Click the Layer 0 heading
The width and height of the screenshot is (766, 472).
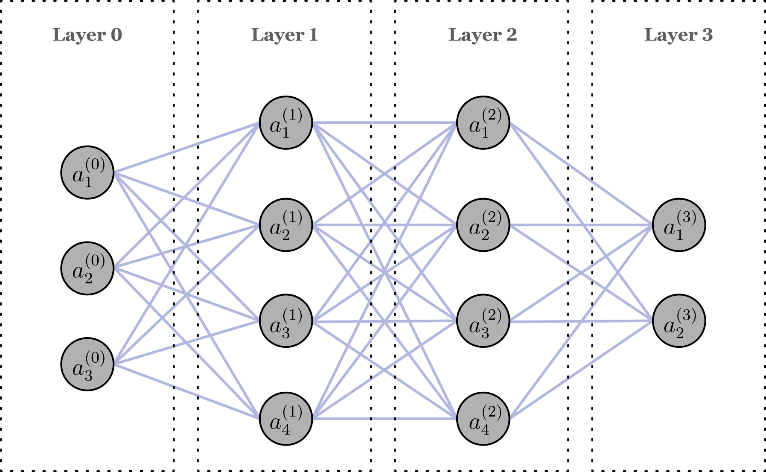pyautogui.click(x=87, y=35)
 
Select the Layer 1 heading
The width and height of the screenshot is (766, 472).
pyautogui.click(x=284, y=35)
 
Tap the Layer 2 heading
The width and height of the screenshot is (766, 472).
pyautogui.click(x=482, y=35)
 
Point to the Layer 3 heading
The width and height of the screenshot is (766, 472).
pyautogui.click(x=678, y=35)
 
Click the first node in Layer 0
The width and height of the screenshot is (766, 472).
pyautogui.click(x=87, y=173)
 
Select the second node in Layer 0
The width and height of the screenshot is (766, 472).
pyautogui.click(x=87, y=268)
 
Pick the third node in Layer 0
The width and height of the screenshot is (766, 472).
pyautogui.click(x=87, y=364)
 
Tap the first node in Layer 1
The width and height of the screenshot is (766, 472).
pyautogui.click(x=285, y=123)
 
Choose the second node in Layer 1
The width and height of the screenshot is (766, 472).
pyautogui.click(x=285, y=225)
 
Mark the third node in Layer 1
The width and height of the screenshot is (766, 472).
pyautogui.click(x=285, y=321)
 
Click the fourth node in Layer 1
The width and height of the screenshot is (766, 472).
pyautogui.click(x=285, y=419)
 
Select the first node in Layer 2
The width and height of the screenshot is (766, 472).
pyautogui.click(x=483, y=123)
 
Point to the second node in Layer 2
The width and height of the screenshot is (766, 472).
pyautogui.click(x=483, y=225)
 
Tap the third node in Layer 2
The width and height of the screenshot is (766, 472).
pyautogui.click(x=483, y=321)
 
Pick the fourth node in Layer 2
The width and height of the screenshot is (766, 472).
pyautogui.click(x=483, y=419)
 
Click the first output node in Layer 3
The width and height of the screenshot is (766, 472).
pyautogui.click(x=679, y=225)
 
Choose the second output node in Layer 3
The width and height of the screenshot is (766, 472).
pyautogui.click(x=679, y=321)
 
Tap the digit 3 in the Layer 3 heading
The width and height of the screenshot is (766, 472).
pyautogui.click(x=707, y=35)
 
